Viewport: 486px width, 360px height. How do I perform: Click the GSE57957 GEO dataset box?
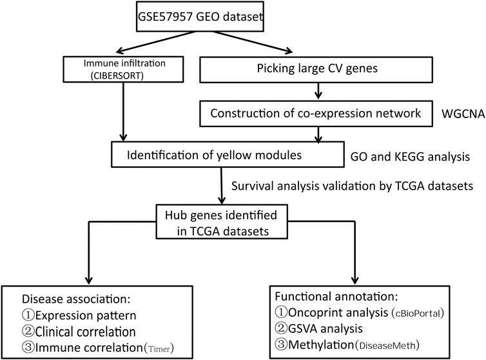pos(200,16)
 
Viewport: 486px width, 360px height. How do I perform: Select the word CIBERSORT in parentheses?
pos(117,75)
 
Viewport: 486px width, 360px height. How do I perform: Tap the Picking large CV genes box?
pos(316,70)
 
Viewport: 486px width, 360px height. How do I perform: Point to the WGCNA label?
pos(463,114)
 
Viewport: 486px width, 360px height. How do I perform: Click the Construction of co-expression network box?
pos(316,114)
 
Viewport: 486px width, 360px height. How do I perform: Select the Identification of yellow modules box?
pos(228,155)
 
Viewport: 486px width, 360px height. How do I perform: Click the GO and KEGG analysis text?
pos(410,157)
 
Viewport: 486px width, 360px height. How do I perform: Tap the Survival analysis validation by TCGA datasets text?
pos(353,186)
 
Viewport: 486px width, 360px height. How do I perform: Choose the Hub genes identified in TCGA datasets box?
pos(222,221)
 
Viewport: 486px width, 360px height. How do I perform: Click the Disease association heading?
pos(76,299)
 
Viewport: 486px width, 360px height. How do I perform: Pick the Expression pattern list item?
pos(79,315)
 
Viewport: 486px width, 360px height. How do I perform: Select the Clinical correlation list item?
pos(79,332)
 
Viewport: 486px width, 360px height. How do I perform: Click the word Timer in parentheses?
pos(159,349)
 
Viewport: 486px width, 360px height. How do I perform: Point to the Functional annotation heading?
pos(336,296)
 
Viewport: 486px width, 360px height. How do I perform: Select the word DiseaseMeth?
pos(387,345)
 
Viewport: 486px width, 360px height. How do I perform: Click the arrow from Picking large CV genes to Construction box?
pos(318,91)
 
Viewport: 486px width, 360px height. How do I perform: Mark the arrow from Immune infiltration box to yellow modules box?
pos(123,112)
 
